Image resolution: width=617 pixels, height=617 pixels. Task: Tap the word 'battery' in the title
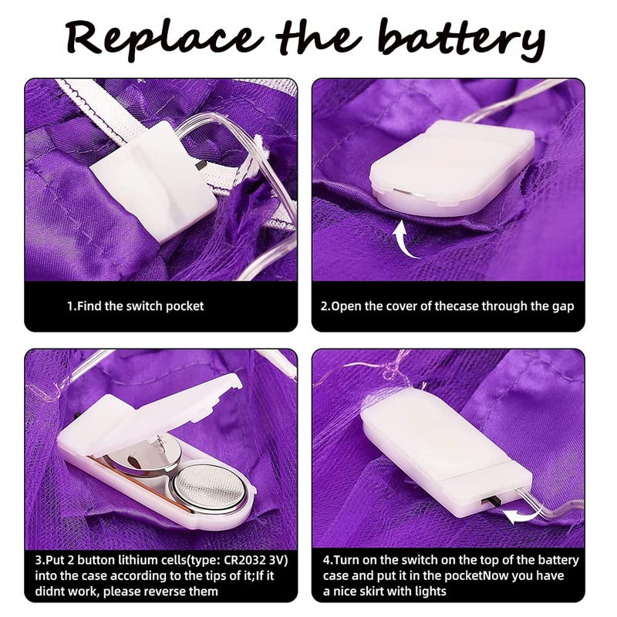tap(462, 39)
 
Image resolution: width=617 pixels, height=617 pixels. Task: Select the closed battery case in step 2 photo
tap(453, 167)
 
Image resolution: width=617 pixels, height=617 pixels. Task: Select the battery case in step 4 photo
tap(447, 453)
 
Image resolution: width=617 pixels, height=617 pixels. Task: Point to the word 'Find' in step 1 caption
tap(89, 306)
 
